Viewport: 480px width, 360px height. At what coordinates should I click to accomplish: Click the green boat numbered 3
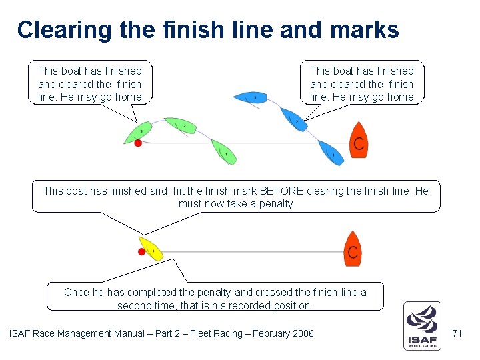(140, 133)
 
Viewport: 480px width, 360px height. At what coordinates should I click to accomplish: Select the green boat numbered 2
(182, 126)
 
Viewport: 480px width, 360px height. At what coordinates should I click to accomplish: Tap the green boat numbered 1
(225, 153)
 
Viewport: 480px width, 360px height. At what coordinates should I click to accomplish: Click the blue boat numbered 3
(251, 98)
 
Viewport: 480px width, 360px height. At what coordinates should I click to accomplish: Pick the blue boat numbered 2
(294, 119)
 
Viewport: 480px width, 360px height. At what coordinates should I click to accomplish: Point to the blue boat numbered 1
(331, 153)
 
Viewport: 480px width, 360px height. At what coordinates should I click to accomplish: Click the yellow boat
(151, 249)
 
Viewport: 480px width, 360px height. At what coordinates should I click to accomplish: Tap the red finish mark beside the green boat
(138, 143)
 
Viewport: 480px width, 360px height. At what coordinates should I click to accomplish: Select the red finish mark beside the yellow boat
(141, 251)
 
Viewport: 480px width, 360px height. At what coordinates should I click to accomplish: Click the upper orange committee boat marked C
(359, 141)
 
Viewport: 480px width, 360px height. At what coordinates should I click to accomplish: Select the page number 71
(457, 333)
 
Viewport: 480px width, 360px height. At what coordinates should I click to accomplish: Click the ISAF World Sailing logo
(421, 326)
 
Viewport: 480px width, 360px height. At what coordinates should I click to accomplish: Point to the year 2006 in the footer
(301, 333)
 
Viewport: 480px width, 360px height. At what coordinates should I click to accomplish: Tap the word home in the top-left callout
(129, 97)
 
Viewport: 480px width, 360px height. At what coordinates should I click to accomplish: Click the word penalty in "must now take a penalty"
(276, 204)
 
